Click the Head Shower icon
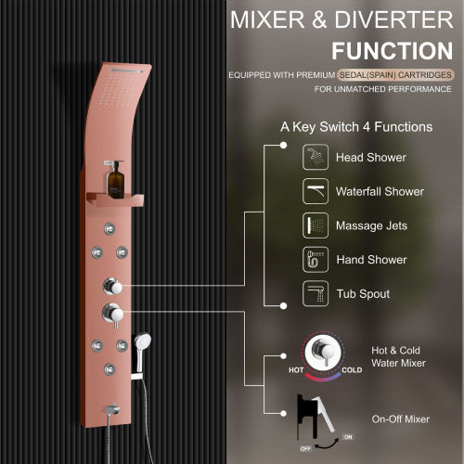tap(316, 157)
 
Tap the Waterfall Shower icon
tap(316, 191)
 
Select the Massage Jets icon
tap(316, 226)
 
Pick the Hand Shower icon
tap(316, 259)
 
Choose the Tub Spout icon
tap(316, 293)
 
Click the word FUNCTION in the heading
tap(393, 51)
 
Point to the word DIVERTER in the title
tap(393, 19)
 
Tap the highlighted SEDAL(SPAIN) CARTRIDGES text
tap(395, 75)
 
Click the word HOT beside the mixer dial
tap(296, 370)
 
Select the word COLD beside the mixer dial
tap(352, 370)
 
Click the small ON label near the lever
tap(348, 437)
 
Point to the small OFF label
tap(305, 448)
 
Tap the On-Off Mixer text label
tap(401, 419)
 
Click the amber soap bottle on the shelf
tap(115, 180)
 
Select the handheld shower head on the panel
tap(141, 351)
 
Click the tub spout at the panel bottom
tap(112, 409)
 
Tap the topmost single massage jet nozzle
tap(110, 228)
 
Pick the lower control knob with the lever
tap(112, 315)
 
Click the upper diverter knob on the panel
tap(112, 286)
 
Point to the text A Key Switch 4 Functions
tap(356, 127)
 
